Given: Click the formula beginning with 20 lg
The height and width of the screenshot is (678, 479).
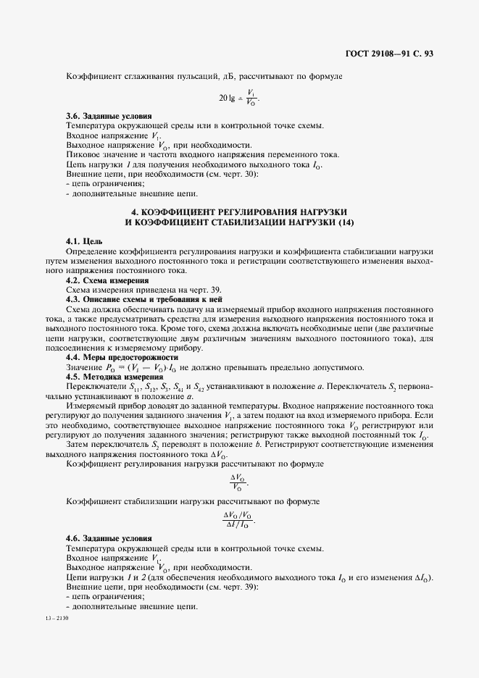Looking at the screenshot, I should [238, 96].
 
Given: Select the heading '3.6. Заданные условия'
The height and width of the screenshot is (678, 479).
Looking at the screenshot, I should [109, 116].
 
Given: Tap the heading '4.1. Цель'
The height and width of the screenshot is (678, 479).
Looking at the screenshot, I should [84, 240].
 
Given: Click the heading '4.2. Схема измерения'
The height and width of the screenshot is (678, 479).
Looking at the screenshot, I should [107, 279].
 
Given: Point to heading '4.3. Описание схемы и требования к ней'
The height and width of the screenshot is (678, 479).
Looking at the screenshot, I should [143, 298].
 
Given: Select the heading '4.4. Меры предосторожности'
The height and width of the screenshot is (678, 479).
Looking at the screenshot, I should [121, 357].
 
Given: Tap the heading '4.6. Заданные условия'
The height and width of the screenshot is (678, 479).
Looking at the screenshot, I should [109, 539].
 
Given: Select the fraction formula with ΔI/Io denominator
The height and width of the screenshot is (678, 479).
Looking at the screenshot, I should [239, 519].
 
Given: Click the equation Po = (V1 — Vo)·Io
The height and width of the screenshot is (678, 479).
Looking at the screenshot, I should [143, 367].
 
